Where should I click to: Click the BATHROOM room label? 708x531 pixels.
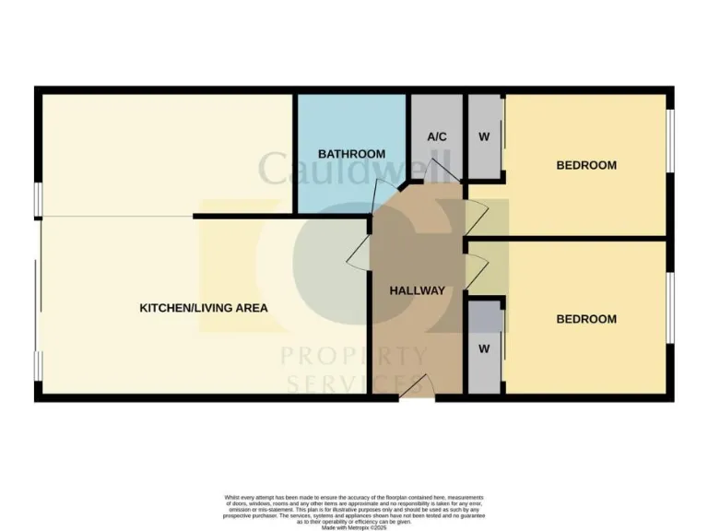coord(351,153)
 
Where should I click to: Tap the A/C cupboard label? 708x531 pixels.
coord(437,136)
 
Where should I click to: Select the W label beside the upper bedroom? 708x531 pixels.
coord(484,136)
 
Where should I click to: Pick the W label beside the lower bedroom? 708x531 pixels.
coord(483,349)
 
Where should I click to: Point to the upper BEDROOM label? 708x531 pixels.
coord(586,165)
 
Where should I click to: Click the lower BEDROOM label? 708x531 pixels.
coord(586,319)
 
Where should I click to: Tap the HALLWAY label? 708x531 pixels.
coord(417,290)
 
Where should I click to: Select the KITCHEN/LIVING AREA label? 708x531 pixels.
coord(204,308)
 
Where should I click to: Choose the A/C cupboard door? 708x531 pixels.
coord(442,170)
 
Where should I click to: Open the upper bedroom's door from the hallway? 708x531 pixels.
coord(474,218)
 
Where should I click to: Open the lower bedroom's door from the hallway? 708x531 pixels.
coord(475,270)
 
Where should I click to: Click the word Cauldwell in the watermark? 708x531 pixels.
coord(356,169)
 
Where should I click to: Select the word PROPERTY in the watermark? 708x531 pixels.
coord(354,356)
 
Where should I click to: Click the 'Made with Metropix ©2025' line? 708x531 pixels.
coord(355,527)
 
